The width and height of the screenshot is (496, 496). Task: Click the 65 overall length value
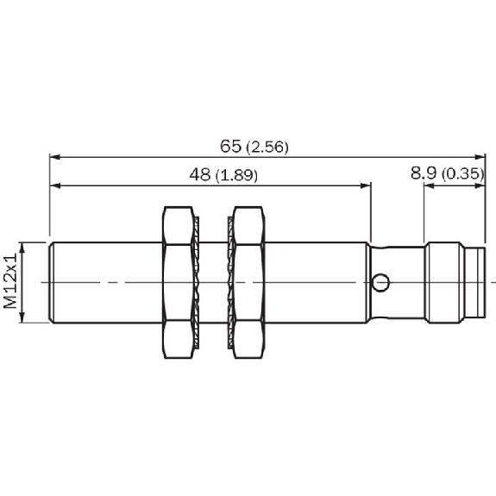[x=230, y=146]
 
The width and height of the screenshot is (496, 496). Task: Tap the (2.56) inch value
[x=267, y=148]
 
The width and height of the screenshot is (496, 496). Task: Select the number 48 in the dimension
[x=199, y=174]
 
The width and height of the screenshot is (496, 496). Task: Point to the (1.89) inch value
[x=236, y=175]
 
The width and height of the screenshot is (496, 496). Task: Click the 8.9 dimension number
[x=424, y=173]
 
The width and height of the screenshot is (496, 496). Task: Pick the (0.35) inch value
[x=463, y=174]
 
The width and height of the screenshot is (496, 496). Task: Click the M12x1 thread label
[x=10, y=280]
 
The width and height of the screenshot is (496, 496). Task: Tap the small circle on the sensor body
[x=380, y=282]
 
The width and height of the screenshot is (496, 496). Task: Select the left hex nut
[x=178, y=282]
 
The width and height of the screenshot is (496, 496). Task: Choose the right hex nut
[x=248, y=282]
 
